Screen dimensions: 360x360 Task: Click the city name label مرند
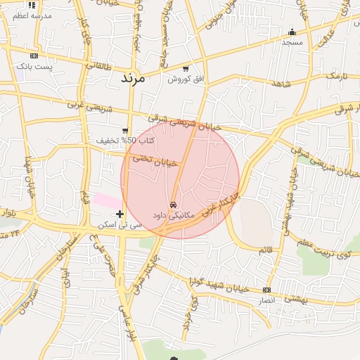tap(133, 77)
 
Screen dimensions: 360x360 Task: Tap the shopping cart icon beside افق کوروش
tap(186, 69)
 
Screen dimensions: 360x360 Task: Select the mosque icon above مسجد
tap(292, 32)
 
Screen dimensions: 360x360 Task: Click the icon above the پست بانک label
tap(34, 56)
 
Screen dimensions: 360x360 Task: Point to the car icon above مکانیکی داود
tap(174, 205)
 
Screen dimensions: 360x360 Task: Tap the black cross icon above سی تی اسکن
tap(120, 214)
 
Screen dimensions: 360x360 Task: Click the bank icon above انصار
tap(266, 290)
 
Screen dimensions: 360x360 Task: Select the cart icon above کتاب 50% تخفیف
tap(125, 130)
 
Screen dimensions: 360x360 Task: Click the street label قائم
tap(265, 250)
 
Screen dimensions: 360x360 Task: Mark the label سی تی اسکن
tap(121, 224)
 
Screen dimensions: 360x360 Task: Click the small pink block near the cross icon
tap(107, 201)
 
